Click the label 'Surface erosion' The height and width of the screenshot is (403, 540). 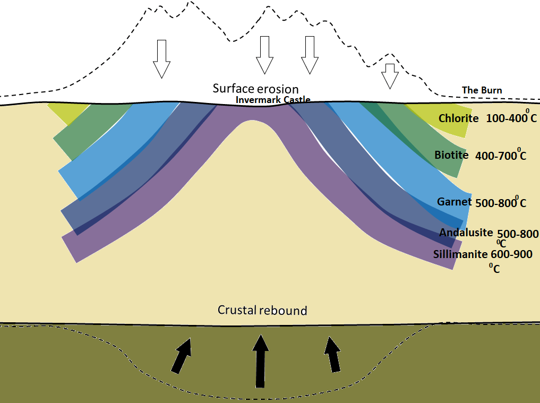(255, 89)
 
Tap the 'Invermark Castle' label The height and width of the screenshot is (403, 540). (273, 99)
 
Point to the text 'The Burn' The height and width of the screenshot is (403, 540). (482, 90)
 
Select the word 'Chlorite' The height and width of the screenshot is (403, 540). (458, 118)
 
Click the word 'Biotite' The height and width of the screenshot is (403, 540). (451, 155)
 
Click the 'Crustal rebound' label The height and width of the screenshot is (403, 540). (262, 310)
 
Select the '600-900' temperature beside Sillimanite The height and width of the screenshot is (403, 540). (511, 254)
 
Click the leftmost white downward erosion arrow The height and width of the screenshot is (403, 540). (161, 58)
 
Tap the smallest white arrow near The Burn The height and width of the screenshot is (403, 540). (390, 75)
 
